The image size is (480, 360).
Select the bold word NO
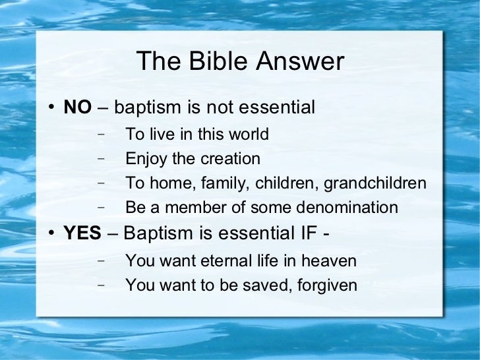(77, 107)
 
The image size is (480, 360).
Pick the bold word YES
(82, 233)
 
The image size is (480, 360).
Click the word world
(248, 135)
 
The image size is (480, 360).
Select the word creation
(231, 159)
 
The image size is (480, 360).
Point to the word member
(190, 208)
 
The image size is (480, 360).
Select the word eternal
(228, 261)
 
